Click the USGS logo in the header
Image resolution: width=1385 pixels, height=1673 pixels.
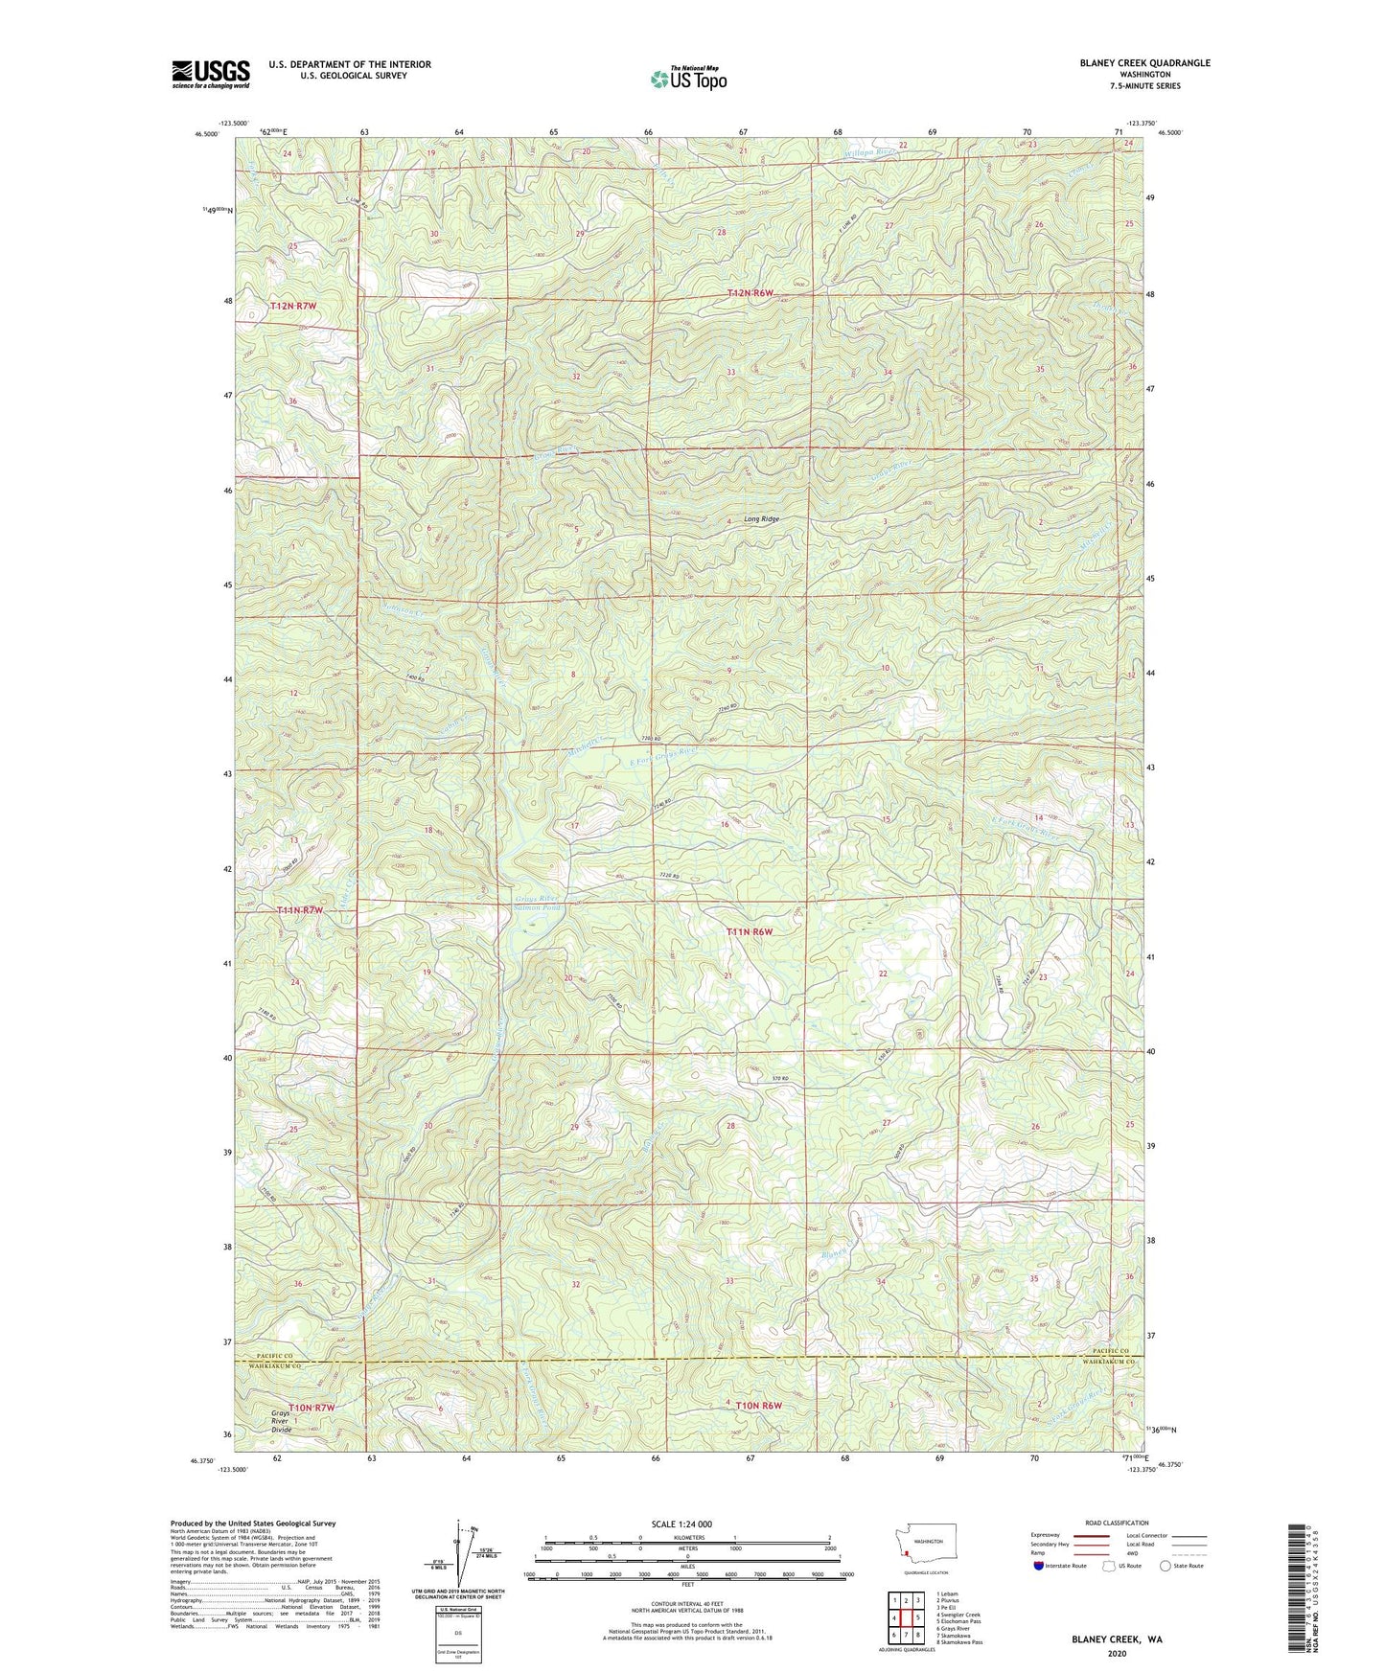click(x=210, y=74)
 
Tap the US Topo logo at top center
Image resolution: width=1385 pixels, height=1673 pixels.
click(x=688, y=79)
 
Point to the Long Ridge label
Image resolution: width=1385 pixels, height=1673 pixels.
click(x=762, y=519)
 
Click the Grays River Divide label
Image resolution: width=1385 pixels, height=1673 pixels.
click(x=281, y=1421)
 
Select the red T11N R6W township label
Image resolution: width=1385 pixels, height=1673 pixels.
click(x=749, y=931)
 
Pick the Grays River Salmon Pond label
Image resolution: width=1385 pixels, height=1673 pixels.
click(x=538, y=903)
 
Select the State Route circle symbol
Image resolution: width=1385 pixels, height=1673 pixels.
click(x=1166, y=1567)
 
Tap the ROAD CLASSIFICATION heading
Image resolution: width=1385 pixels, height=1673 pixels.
click(x=1117, y=1523)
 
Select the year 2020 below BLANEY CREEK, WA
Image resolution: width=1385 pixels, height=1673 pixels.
click(x=1117, y=1653)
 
